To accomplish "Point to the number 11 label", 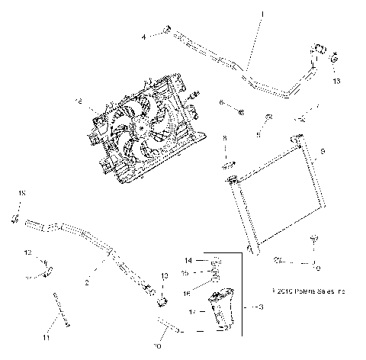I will (46, 337).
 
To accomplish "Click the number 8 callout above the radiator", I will (224, 137).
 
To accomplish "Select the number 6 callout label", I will (221, 102).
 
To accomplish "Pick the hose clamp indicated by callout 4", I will (164, 31).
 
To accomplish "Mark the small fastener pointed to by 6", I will (240, 113).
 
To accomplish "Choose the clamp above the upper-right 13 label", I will (336, 55).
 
